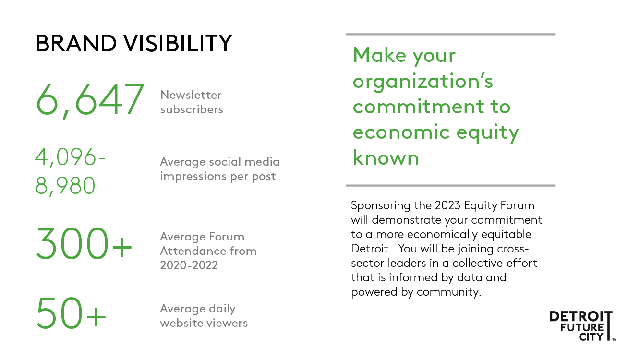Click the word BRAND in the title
(76, 43)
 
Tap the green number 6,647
(90, 100)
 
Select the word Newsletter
(191, 95)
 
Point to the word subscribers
(192, 109)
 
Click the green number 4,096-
(70, 157)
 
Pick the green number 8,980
(65, 186)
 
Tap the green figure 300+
(84, 243)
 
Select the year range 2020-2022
(189, 265)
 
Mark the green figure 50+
(71, 313)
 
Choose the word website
(181, 323)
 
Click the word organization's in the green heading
(423, 82)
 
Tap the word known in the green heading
(386, 157)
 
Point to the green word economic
(402, 132)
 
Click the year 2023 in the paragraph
(448, 205)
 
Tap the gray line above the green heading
(450, 34)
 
